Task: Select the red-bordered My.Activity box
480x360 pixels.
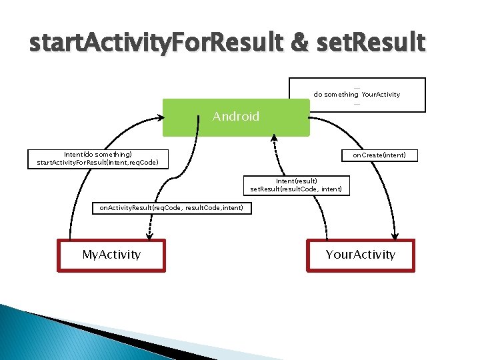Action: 111,255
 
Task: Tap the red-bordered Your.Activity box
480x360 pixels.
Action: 360,255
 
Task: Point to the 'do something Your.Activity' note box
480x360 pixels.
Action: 357,94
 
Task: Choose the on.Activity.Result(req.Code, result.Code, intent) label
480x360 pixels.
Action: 171,209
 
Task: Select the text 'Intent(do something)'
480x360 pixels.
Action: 94,154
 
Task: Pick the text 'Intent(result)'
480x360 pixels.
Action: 296,181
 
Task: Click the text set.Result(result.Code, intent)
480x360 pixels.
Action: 296,189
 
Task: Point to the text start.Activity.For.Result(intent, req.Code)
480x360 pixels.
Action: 94,163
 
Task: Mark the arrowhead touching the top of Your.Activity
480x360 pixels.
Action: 395,235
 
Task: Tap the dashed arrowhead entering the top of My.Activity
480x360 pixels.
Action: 149,235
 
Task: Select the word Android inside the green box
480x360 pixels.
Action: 235,117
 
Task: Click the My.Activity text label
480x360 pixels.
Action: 111,255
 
